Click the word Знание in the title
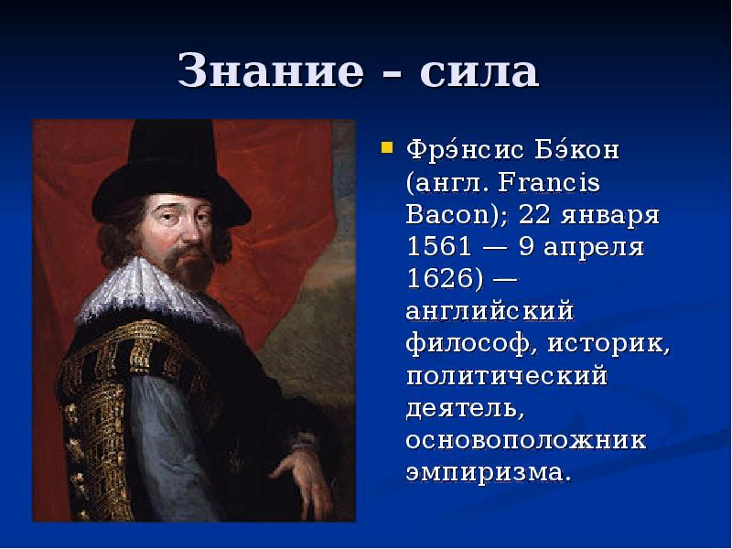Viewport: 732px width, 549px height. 270,71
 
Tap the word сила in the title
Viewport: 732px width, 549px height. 479,72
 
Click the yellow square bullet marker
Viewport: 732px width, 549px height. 387,147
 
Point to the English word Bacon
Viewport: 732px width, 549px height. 447,214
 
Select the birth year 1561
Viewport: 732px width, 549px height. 439,246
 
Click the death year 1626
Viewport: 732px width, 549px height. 439,278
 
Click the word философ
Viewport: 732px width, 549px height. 468,345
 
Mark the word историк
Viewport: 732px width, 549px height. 606,344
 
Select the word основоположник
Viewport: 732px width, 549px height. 526,440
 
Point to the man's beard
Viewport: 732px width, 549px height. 191,266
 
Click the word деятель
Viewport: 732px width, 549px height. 462,408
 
